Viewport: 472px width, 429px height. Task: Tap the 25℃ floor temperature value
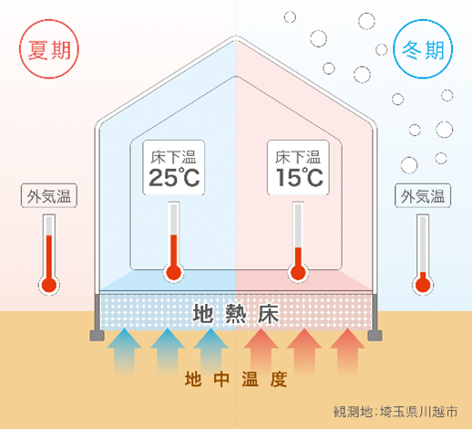(x=174, y=177)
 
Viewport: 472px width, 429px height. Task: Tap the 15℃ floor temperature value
(x=299, y=177)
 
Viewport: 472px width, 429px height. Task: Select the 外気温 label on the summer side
(x=49, y=196)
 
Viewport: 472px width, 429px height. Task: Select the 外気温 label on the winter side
(x=423, y=196)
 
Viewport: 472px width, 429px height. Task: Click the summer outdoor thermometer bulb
(x=49, y=285)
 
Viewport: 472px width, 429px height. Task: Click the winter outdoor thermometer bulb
(x=423, y=285)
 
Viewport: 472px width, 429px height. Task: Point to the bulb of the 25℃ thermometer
(x=174, y=272)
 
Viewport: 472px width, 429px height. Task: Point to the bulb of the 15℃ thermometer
(x=298, y=272)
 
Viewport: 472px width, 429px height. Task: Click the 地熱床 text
(x=236, y=314)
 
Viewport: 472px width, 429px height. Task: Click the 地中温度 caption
(x=236, y=379)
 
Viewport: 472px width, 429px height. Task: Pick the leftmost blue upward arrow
(x=124, y=351)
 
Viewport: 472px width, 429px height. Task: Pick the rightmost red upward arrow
(x=347, y=351)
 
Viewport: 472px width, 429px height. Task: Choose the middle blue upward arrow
(x=168, y=351)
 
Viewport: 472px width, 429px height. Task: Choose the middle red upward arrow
(x=304, y=351)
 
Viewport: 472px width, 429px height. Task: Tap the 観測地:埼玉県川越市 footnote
(x=395, y=412)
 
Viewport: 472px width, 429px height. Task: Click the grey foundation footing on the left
(x=97, y=335)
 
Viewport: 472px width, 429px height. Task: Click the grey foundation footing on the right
(x=375, y=335)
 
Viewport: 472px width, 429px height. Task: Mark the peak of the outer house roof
(x=236, y=37)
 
